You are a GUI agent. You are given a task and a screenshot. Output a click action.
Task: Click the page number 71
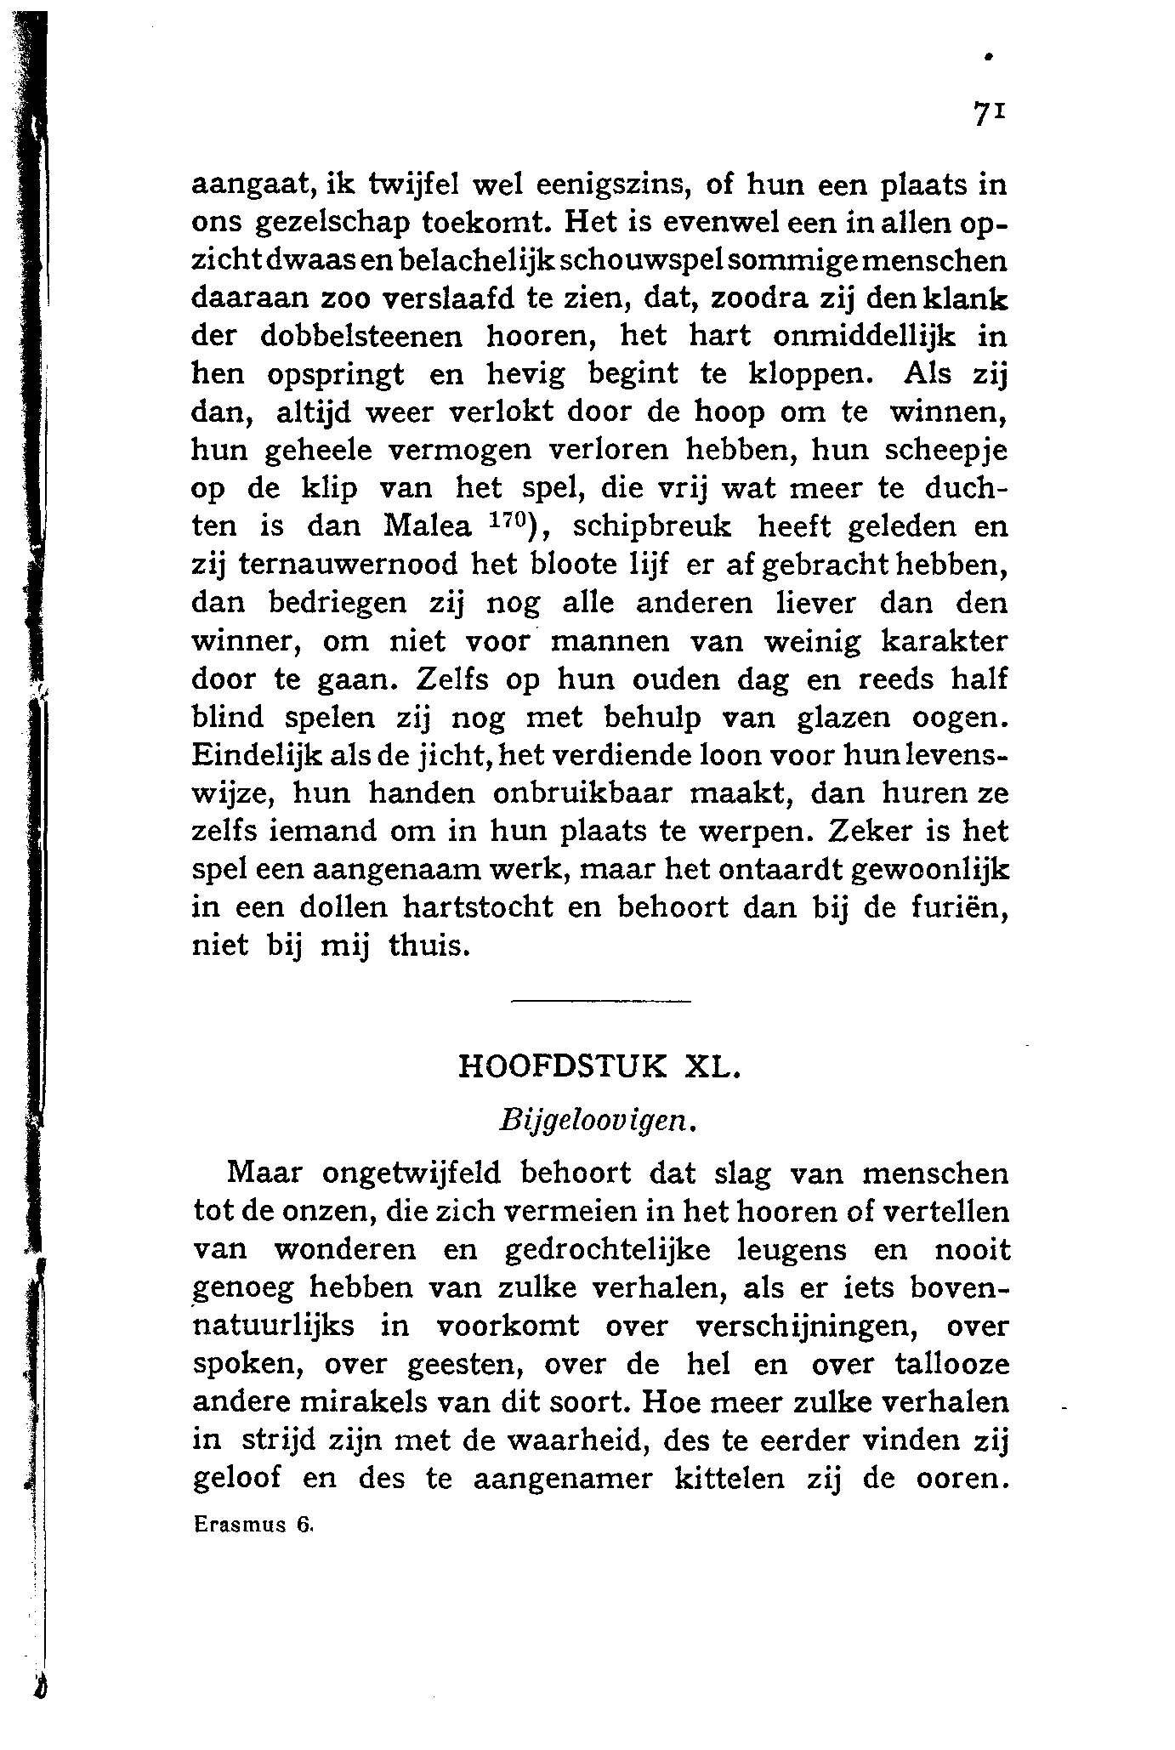point(990,114)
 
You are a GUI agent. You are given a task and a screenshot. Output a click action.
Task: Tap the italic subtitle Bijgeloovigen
point(599,1121)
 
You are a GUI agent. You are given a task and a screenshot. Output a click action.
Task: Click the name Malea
point(428,527)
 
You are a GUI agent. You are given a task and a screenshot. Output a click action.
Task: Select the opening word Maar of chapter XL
point(264,1174)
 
